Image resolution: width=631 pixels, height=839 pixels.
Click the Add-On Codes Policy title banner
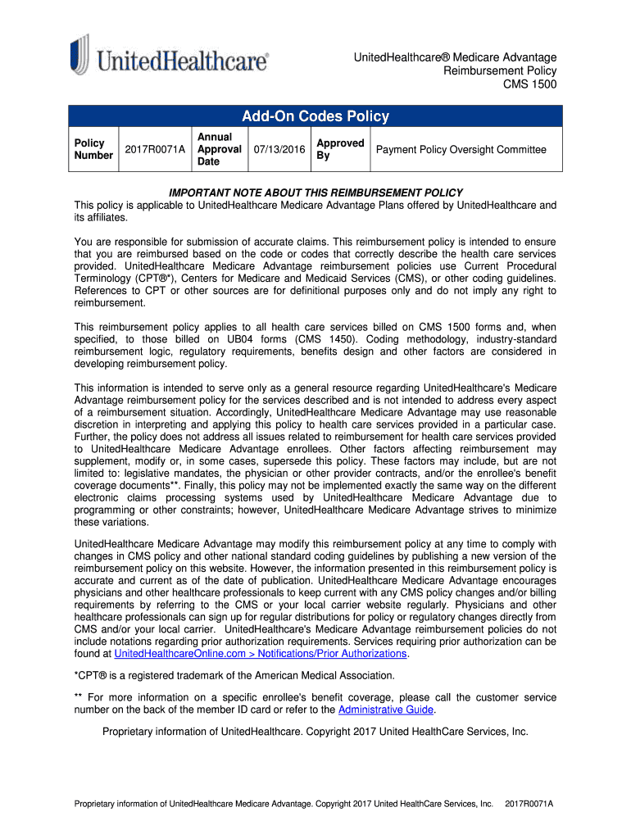pos(315,116)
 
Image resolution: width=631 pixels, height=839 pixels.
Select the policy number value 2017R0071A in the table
pos(155,149)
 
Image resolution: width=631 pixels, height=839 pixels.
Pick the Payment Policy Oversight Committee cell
pos(461,149)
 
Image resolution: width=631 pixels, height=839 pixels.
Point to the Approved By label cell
pos(339,149)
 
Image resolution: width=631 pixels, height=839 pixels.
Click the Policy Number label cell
pos(93,149)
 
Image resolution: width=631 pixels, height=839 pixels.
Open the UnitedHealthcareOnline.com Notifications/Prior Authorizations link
pos(261,654)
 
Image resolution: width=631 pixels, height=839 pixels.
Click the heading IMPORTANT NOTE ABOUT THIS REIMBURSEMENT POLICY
pos(315,193)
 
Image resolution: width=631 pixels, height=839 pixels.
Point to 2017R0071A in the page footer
pos(529,805)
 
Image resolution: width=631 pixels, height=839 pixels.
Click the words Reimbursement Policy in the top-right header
pos(500,71)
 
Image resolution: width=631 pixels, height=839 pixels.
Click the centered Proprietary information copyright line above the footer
pos(315,732)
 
